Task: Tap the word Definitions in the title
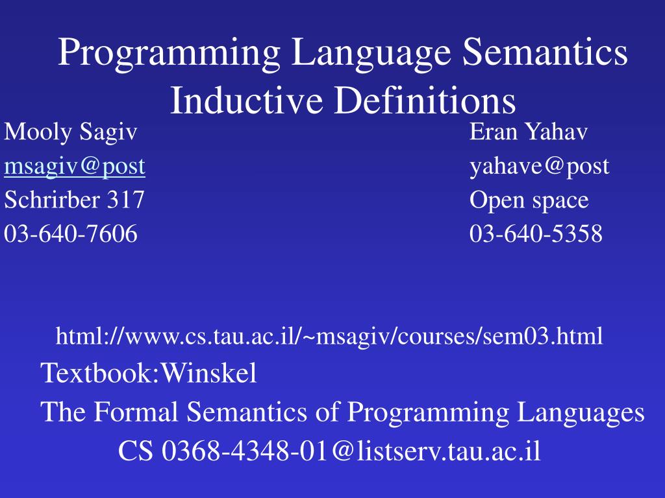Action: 425,101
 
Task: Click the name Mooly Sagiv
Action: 71,133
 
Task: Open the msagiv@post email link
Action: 75,167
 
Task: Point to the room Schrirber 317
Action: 74,200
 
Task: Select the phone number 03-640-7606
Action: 71,233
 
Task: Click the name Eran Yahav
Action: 529,133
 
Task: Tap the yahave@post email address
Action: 540,167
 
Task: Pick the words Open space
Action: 529,200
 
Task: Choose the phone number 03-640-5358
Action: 536,233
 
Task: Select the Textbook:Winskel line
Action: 149,373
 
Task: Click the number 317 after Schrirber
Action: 125,200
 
